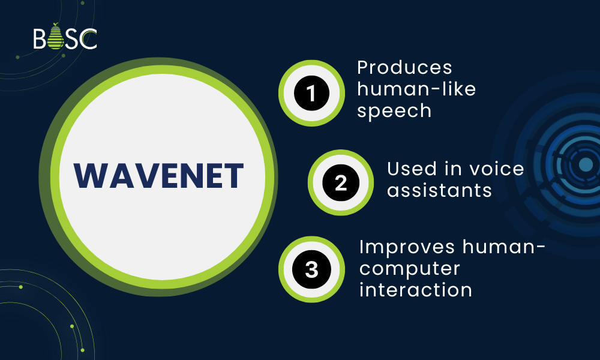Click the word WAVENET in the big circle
pos(158,176)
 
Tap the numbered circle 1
pos(311,93)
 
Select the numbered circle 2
pos(340,182)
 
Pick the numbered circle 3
pos(311,269)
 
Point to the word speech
pos(394,111)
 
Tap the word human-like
pos(416,89)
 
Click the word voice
pos(496,169)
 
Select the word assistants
pos(440,191)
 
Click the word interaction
pos(415,289)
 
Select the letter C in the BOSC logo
pos(89,39)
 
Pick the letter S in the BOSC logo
pos(72,39)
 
